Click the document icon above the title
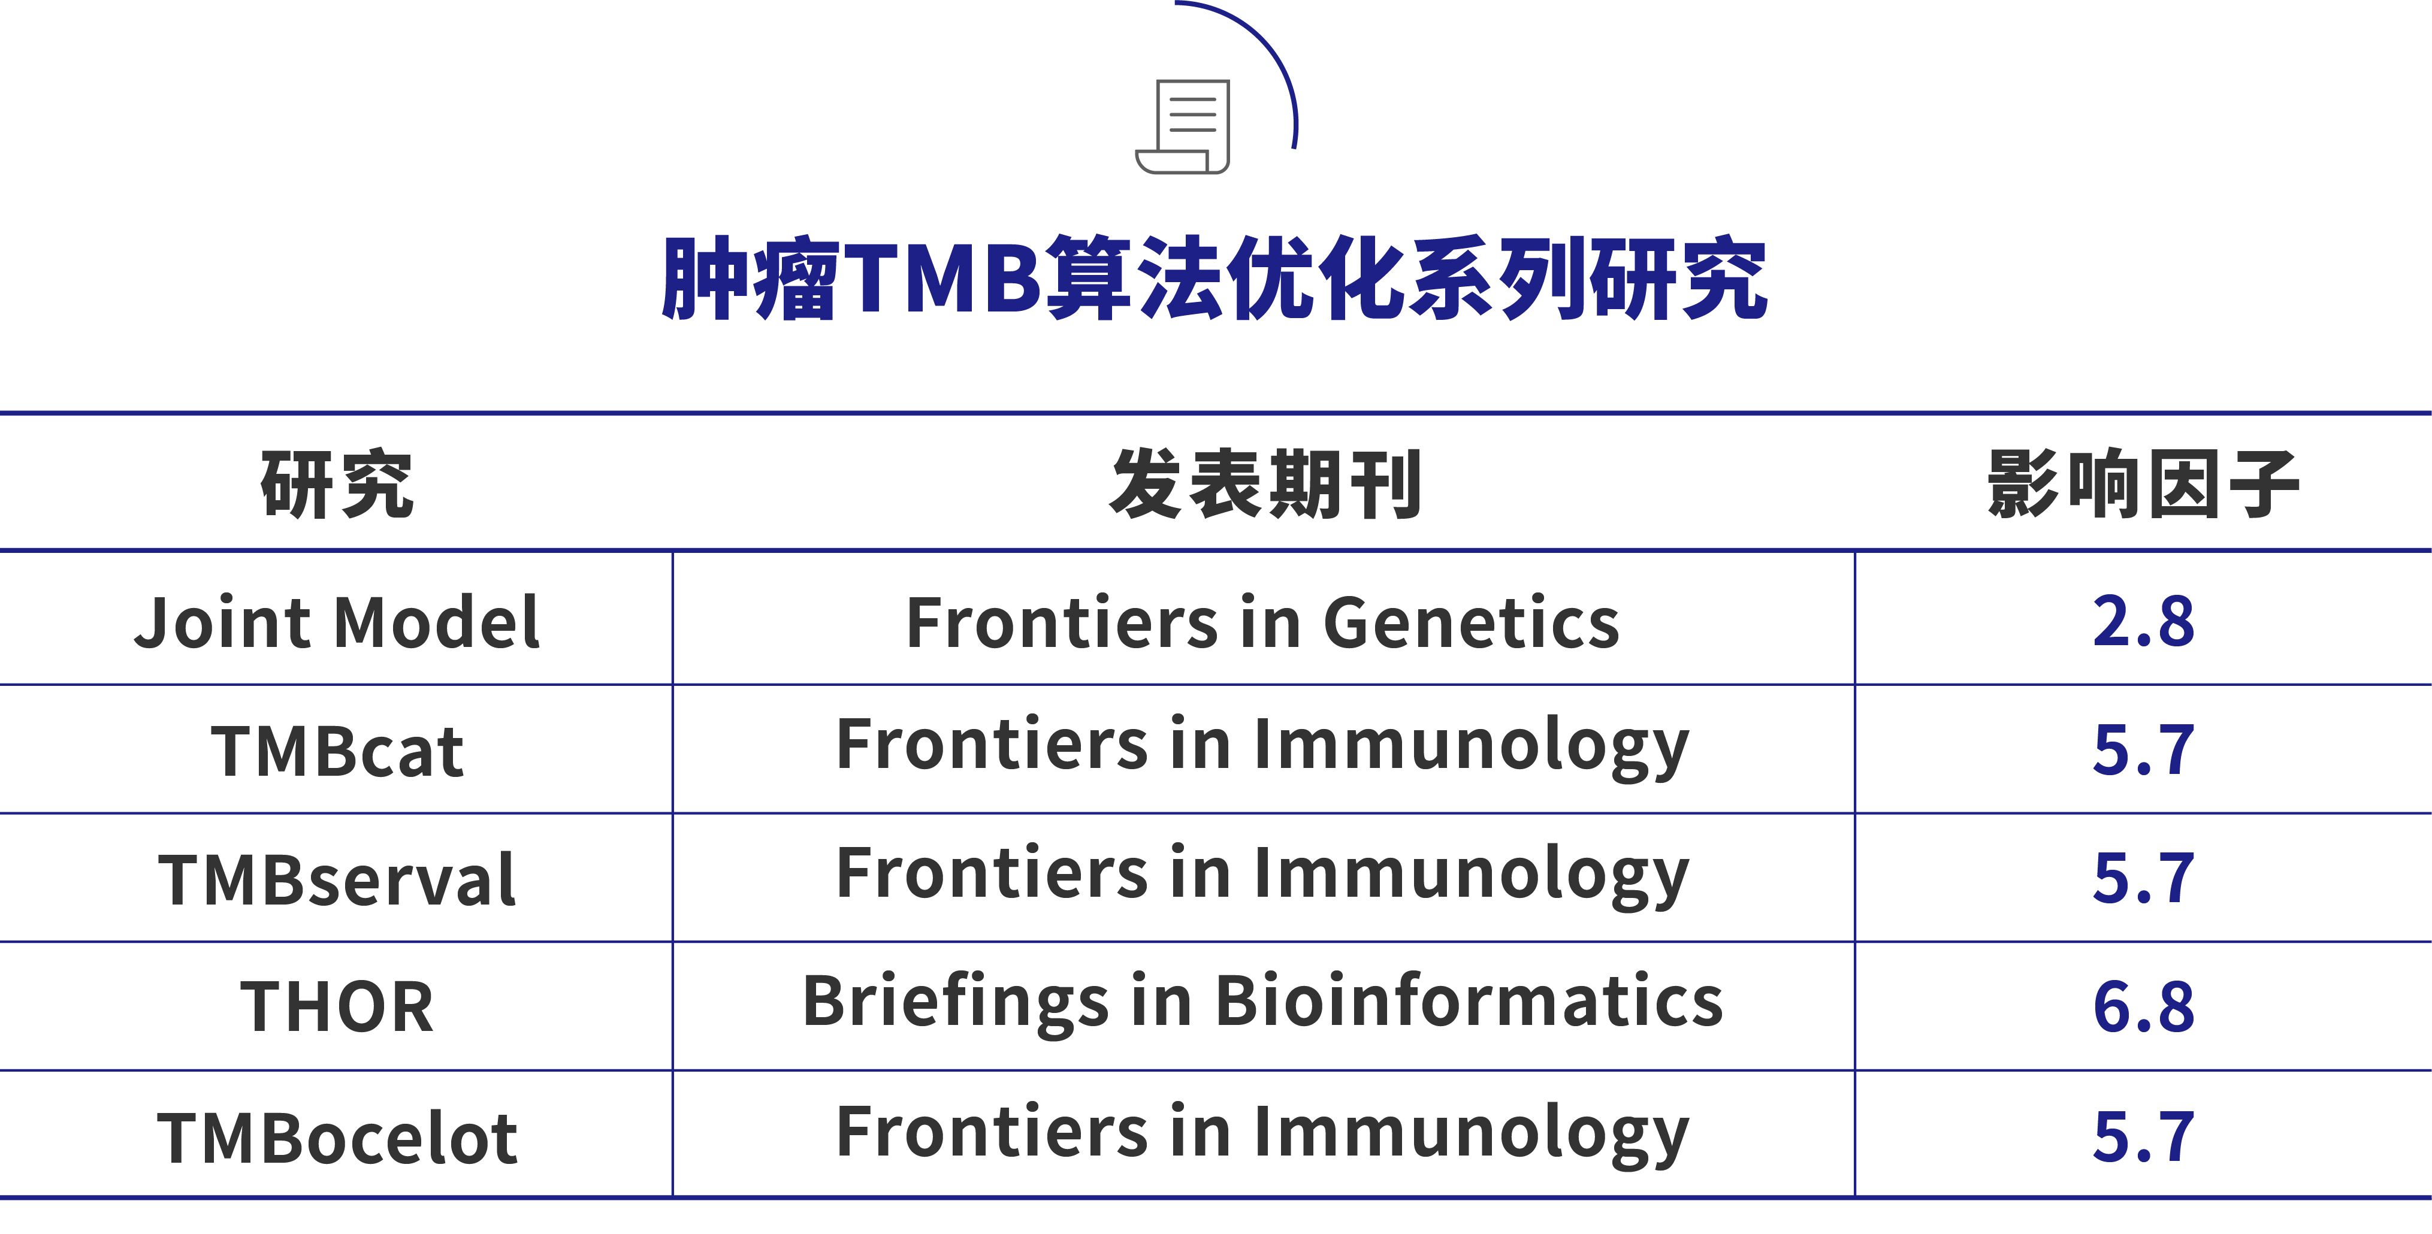tap(1184, 126)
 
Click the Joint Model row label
tap(337, 622)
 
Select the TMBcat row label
tap(337, 752)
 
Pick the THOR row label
tap(337, 1006)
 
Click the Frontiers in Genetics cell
tap(1262, 622)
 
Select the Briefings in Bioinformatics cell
tap(1262, 1002)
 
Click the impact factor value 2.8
tap(2143, 622)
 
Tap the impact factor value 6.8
tap(2143, 1006)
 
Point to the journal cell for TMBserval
tap(1262, 874)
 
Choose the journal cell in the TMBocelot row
tap(1262, 1132)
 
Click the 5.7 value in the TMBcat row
tap(2143, 751)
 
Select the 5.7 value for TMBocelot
tap(2143, 1136)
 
